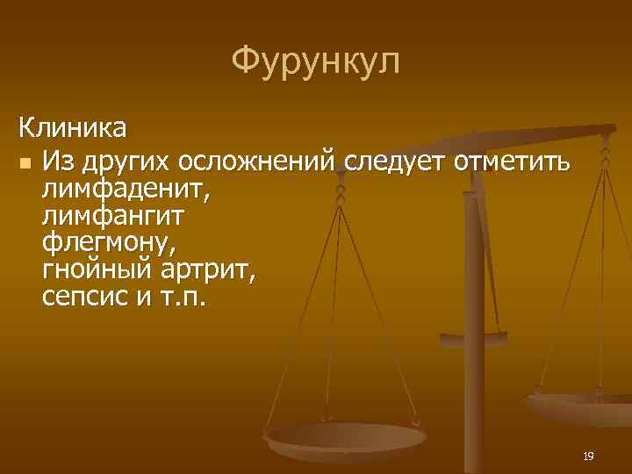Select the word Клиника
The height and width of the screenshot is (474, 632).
[x=73, y=128]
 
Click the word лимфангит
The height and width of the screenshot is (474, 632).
[x=113, y=213]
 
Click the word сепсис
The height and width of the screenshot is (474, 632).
[x=84, y=296]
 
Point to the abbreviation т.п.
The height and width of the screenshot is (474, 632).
[x=183, y=296]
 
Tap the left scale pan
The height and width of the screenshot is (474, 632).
[x=345, y=439]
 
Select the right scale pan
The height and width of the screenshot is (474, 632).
[x=579, y=406]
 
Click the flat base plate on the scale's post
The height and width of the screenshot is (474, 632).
[x=473, y=337]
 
